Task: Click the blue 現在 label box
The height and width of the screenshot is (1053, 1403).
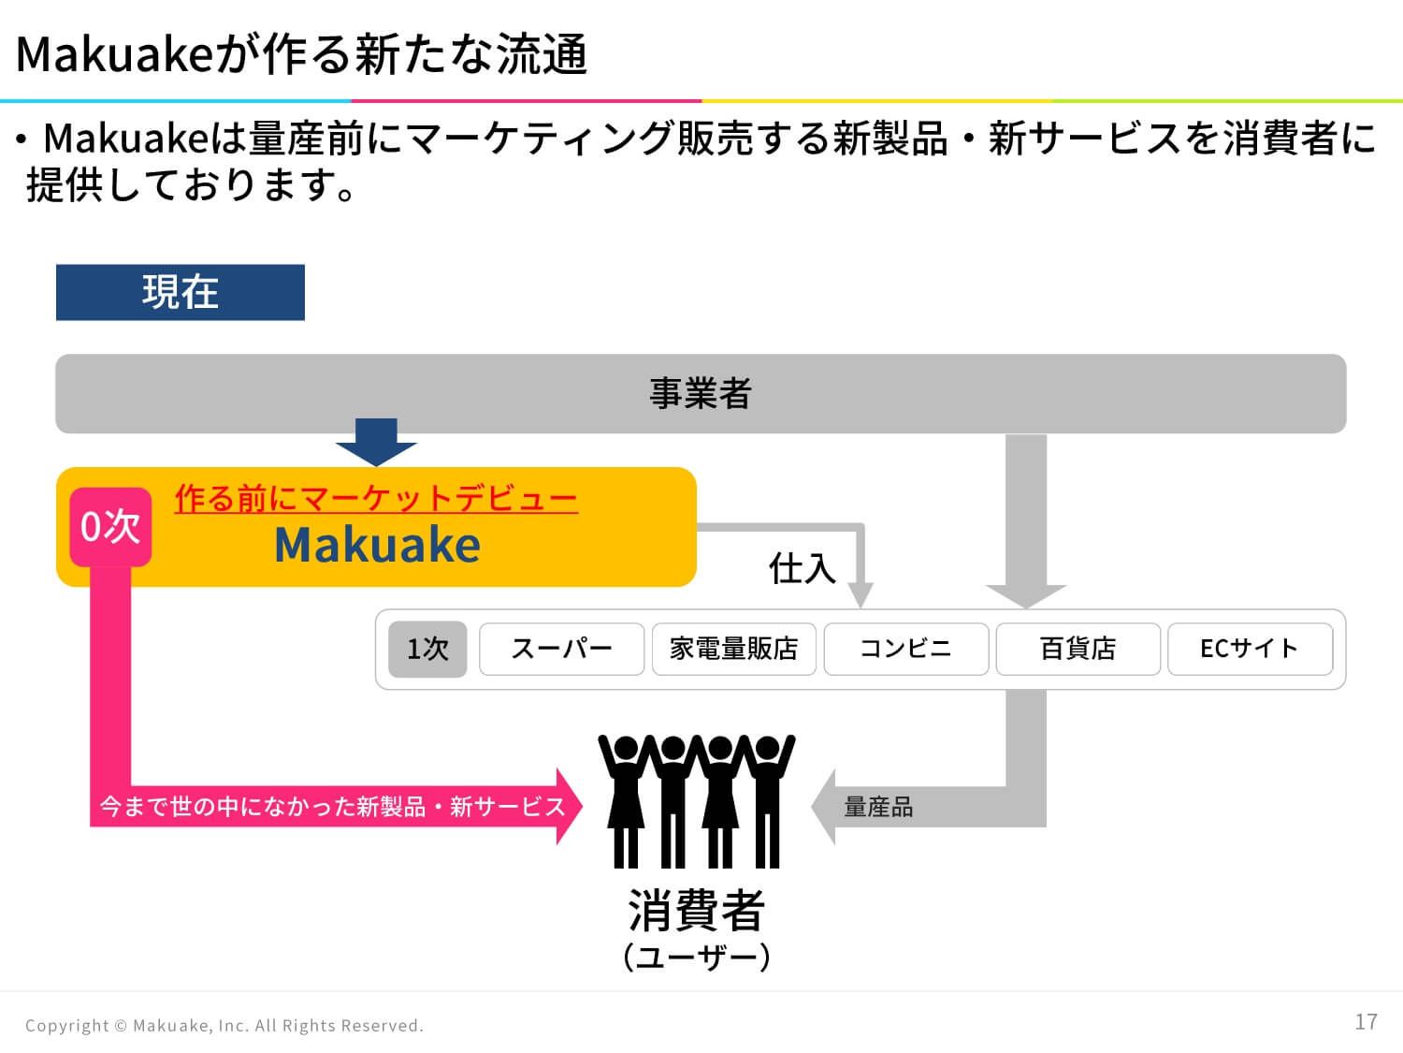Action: tap(181, 292)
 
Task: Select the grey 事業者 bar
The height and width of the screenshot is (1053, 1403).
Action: tap(701, 393)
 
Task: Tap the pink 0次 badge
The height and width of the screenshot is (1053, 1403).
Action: tap(110, 527)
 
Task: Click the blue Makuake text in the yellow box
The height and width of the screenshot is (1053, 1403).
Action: tap(377, 545)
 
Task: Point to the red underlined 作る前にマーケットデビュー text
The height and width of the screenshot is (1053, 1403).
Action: tap(377, 499)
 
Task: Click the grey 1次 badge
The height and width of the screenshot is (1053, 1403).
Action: tap(427, 649)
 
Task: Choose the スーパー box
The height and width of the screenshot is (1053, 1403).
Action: tap(562, 649)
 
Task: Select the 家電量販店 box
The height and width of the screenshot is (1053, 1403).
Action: tap(734, 649)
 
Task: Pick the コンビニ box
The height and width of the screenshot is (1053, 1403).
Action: tap(905, 649)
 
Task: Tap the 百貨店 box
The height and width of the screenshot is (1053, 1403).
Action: tap(1078, 649)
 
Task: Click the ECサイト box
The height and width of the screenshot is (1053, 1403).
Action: tap(1250, 649)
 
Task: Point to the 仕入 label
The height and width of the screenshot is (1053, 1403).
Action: tap(803, 568)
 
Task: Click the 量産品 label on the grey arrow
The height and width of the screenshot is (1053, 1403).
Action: tap(878, 807)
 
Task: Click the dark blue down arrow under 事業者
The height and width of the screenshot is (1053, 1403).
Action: tap(377, 442)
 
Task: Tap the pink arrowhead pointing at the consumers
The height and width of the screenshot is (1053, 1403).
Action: tap(570, 806)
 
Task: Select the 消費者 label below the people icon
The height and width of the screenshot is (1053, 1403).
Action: tap(696, 910)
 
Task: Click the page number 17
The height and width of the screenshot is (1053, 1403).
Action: tap(1366, 1022)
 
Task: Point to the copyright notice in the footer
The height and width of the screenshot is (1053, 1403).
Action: tap(224, 1026)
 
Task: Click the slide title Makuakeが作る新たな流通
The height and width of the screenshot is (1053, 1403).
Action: tap(301, 54)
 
